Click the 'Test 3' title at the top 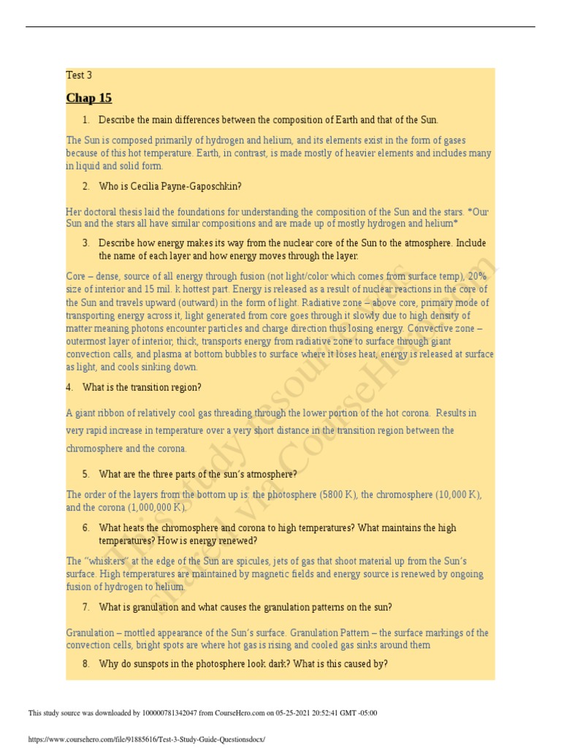click(x=79, y=75)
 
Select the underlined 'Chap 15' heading click(x=89, y=98)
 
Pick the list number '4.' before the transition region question click(x=69, y=387)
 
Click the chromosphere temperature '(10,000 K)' click(x=459, y=495)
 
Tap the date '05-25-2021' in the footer click(x=294, y=713)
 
